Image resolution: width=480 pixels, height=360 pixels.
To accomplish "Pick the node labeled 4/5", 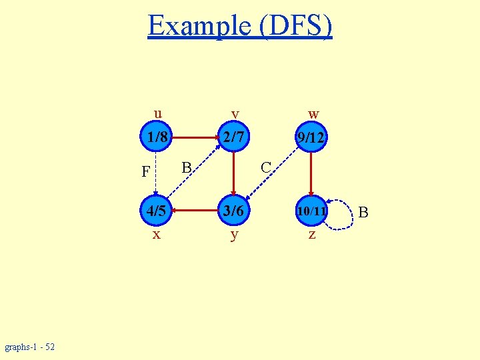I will coord(156,211).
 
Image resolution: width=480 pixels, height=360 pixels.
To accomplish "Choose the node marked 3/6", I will coord(233,211).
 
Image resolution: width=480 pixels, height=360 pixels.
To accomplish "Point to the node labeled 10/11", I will coord(311,211).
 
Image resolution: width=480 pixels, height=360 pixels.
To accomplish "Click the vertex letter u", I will coord(157,112).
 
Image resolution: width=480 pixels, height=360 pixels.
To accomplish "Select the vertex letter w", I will coord(313,114).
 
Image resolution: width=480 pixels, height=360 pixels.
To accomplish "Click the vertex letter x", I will coord(156,235).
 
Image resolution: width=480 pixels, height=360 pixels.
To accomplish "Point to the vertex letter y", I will coord(234,235).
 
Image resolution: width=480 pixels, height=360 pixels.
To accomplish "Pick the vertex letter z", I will coord(311,235).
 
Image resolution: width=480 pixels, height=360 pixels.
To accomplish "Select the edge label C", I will coord(265,167).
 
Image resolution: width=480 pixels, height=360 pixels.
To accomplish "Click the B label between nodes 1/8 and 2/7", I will coord(187,167).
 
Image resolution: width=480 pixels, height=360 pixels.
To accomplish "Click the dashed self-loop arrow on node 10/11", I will coord(347,213).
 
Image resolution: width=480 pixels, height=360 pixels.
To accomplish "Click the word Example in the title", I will coord(198,26).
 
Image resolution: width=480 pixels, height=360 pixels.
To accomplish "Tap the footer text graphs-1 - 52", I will coord(30,347).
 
